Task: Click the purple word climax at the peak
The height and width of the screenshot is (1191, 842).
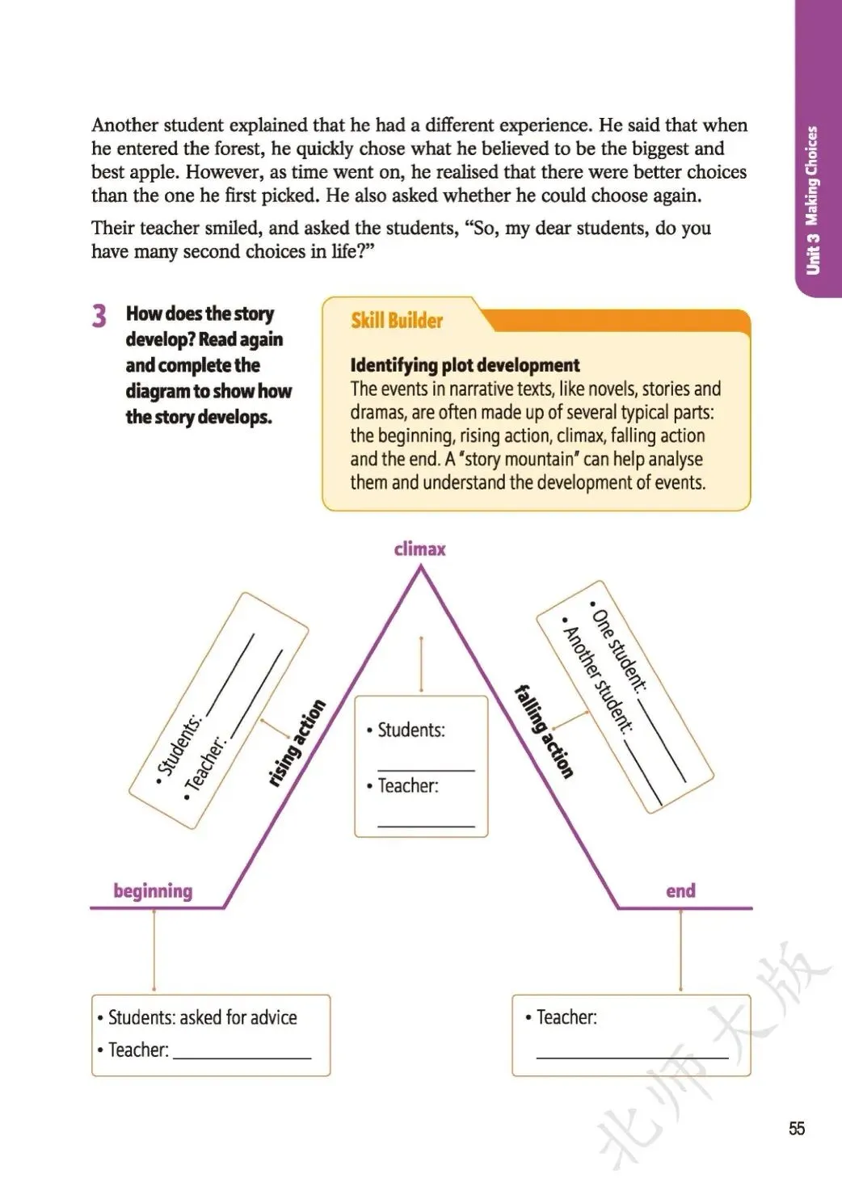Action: pyautogui.click(x=419, y=549)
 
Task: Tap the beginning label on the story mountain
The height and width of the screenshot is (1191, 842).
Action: pyautogui.click(x=153, y=891)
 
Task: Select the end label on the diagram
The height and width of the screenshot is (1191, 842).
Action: pyautogui.click(x=680, y=890)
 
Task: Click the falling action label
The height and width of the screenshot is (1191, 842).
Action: pyautogui.click(x=545, y=730)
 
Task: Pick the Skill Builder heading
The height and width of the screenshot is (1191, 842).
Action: pyautogui.click(x=397, y=321)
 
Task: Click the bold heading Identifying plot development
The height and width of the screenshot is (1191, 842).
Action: pyautogui.click(x=465, y=365)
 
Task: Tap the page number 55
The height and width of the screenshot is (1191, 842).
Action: pyautogui.click(x=797, y=1129)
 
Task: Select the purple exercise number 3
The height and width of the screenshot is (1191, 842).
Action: pyautogui.click(x=99, y=315)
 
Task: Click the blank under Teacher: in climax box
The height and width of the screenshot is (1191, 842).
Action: pyautogui.click(x=426, y=823)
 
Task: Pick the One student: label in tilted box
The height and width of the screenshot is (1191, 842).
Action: pyautogui.click(x=620, y=651)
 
